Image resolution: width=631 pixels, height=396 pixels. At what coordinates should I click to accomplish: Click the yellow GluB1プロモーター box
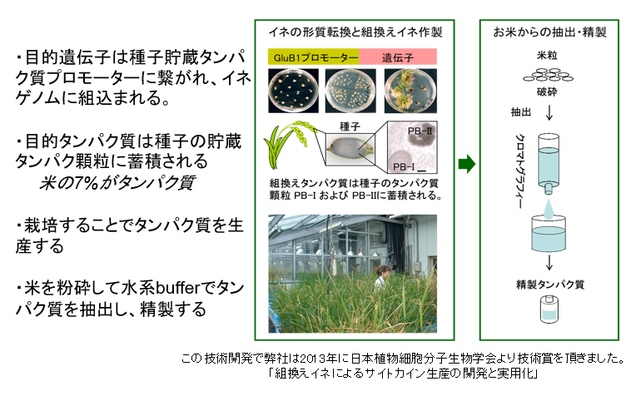[x=314, y=57]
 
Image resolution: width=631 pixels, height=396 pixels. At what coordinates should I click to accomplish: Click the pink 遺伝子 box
[x=398, y=57]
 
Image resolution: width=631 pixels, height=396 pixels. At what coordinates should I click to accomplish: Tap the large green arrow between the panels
[x=467, y=164]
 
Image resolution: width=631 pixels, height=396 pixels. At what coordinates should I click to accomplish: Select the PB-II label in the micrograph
[x=420, y=131]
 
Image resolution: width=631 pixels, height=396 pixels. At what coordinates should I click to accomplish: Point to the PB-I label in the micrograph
[x=404, y=166]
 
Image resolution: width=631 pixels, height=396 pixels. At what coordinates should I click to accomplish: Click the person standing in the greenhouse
[x=381, y=276]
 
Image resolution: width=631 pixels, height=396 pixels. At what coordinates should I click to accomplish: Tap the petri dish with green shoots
[x=410, y=91]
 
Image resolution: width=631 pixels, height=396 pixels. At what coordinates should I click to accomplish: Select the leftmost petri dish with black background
[x=293, y=91]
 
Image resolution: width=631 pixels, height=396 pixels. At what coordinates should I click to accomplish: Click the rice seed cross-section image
[x=350, y=151]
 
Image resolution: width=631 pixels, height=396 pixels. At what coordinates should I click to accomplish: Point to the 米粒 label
[x=547, y=55]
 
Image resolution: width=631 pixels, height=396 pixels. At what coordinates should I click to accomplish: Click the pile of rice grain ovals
[x=548, y=75]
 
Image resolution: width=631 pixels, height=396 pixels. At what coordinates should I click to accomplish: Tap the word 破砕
[x=547, y=92]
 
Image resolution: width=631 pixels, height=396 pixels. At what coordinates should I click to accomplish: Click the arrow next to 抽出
[x=549, y=112]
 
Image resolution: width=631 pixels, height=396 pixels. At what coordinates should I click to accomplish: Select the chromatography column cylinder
[x=549, y=164]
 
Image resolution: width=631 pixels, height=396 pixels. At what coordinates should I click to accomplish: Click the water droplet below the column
[x=549, y=210]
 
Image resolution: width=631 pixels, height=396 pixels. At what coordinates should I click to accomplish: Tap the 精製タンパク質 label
[x=550, y=285]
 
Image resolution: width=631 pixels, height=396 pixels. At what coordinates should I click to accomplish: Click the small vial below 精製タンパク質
[x=549, y=309]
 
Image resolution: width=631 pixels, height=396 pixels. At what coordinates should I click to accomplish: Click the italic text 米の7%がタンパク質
[x=117, y=182]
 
